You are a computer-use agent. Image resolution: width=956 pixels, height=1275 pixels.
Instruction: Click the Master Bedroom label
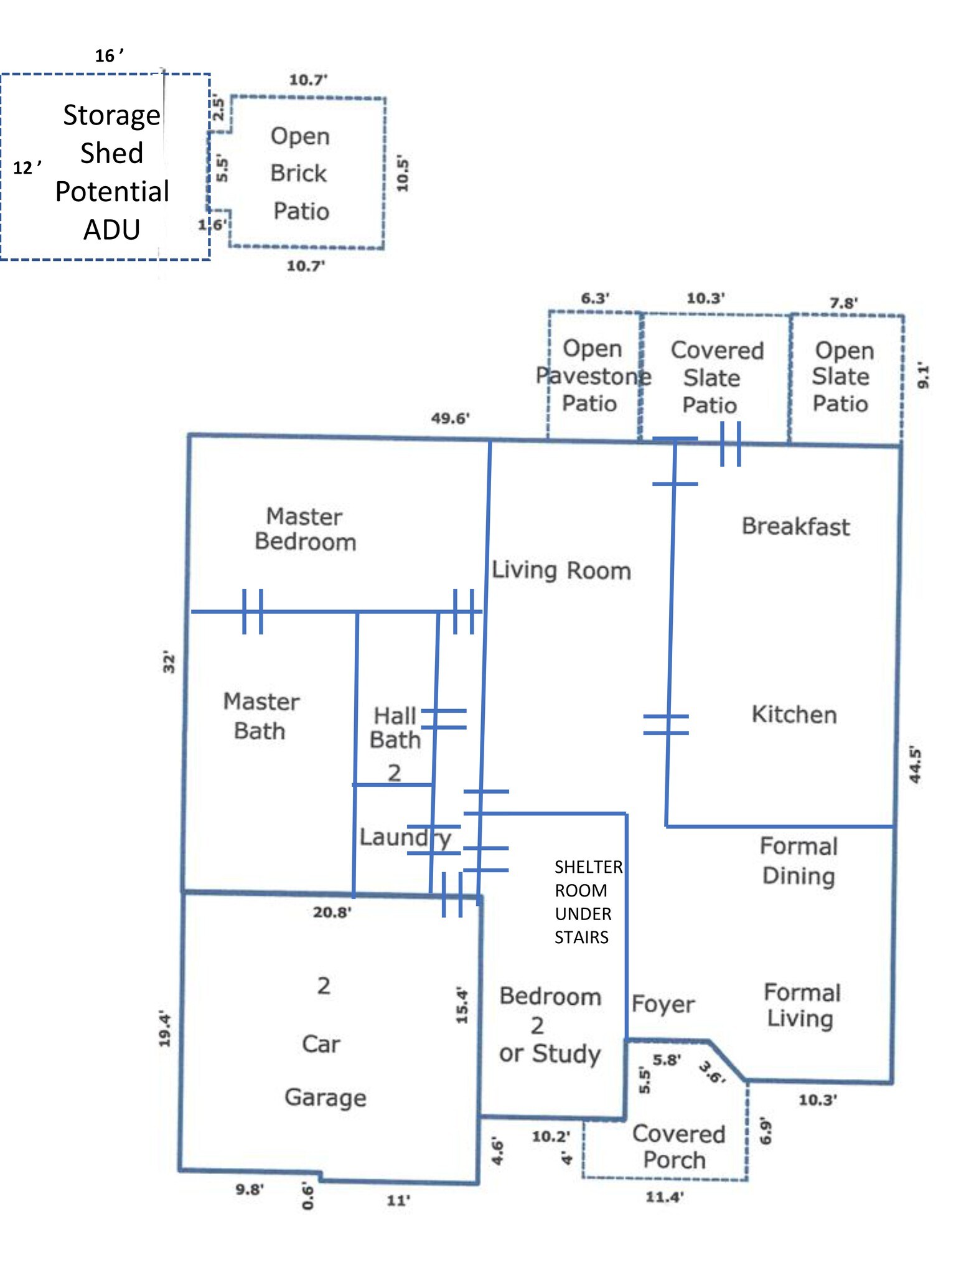305,529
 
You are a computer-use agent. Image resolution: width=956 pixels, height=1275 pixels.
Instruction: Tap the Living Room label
561,570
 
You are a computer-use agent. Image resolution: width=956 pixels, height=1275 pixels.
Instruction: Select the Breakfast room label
795,527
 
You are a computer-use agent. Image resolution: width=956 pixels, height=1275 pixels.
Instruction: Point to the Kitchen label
794,715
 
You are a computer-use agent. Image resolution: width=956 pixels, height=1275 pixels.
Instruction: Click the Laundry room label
405,837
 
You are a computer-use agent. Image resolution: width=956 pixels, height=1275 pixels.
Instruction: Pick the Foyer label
663,1004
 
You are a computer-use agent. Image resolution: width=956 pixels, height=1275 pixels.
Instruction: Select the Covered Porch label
678,1147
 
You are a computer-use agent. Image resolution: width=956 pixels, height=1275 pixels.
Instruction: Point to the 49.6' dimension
450,418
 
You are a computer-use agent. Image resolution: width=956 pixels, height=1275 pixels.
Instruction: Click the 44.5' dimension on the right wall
914,765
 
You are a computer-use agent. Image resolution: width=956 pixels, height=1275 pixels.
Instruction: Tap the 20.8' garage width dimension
332,913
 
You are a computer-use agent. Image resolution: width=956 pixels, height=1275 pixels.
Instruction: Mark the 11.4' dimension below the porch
664,1197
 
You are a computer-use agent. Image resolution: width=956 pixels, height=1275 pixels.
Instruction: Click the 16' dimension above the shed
109,56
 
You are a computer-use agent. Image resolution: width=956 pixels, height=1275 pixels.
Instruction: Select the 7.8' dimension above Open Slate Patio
843,303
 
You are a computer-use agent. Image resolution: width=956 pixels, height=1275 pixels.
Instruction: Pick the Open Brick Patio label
300,174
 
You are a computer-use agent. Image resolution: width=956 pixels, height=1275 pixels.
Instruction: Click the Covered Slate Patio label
716,378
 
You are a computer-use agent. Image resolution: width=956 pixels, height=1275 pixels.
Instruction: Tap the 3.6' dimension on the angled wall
712,1072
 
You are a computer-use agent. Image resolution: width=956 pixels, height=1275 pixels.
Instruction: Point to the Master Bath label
261,716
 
